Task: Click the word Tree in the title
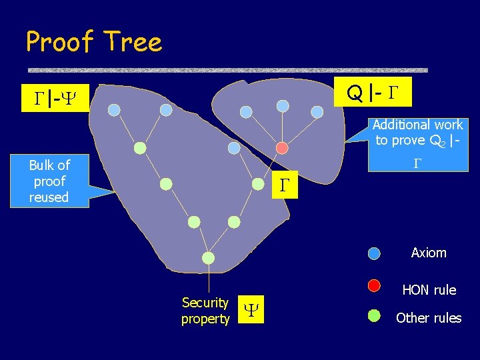133,42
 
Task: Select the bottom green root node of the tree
208,258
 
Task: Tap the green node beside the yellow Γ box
257,184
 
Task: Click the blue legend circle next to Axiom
374,253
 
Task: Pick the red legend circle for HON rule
374,285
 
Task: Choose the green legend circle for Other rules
374,316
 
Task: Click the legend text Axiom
429,253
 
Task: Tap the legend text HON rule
429,290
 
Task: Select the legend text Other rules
428,318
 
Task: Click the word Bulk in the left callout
41,165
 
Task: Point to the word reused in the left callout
49,197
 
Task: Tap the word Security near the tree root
205,303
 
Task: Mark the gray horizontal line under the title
227,69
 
